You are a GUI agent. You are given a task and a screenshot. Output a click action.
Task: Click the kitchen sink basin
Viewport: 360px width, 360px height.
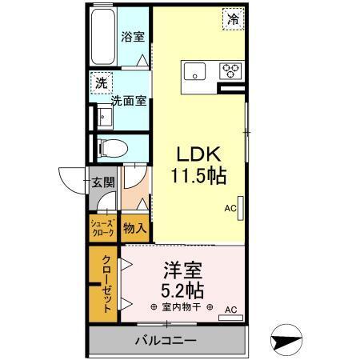click(195, 72)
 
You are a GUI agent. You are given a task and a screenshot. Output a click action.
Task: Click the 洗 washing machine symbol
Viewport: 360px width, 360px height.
click(102, 82)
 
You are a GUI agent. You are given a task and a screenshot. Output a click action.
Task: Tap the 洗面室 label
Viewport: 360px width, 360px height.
click(128, 101)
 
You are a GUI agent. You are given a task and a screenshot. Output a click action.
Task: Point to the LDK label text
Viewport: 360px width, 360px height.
click(198, 152)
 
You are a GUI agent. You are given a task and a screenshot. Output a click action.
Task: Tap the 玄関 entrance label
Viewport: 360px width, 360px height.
click(101, 182)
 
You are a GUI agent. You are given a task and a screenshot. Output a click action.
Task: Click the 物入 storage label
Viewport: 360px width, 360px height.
click(134, 229)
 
